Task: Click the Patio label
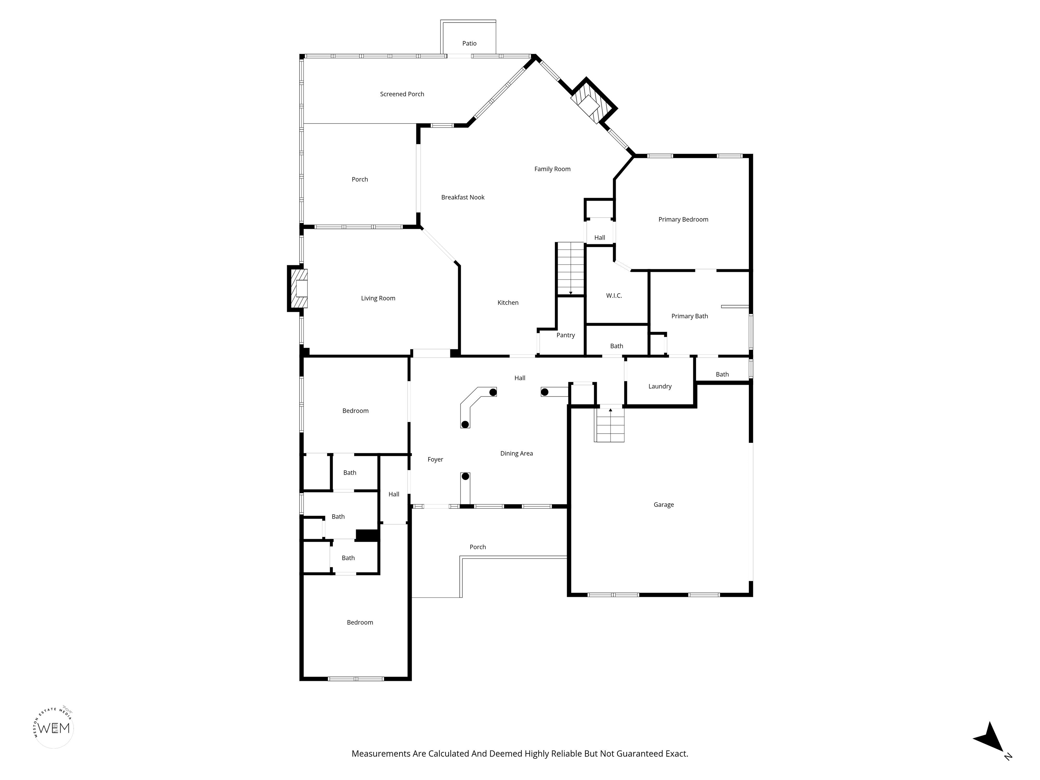coord(469,44)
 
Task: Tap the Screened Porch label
coord(402,94)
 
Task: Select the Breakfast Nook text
coord(463,197)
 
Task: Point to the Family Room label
coord(552,169)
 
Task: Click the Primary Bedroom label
coord(683,220)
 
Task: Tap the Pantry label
coord(566,335)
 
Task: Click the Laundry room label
coord(660,387)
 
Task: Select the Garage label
coord(664,505)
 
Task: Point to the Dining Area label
coord(517,454)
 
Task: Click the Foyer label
coord(435,460)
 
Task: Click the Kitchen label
coord(508,303)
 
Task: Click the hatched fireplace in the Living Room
coord(298,288)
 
